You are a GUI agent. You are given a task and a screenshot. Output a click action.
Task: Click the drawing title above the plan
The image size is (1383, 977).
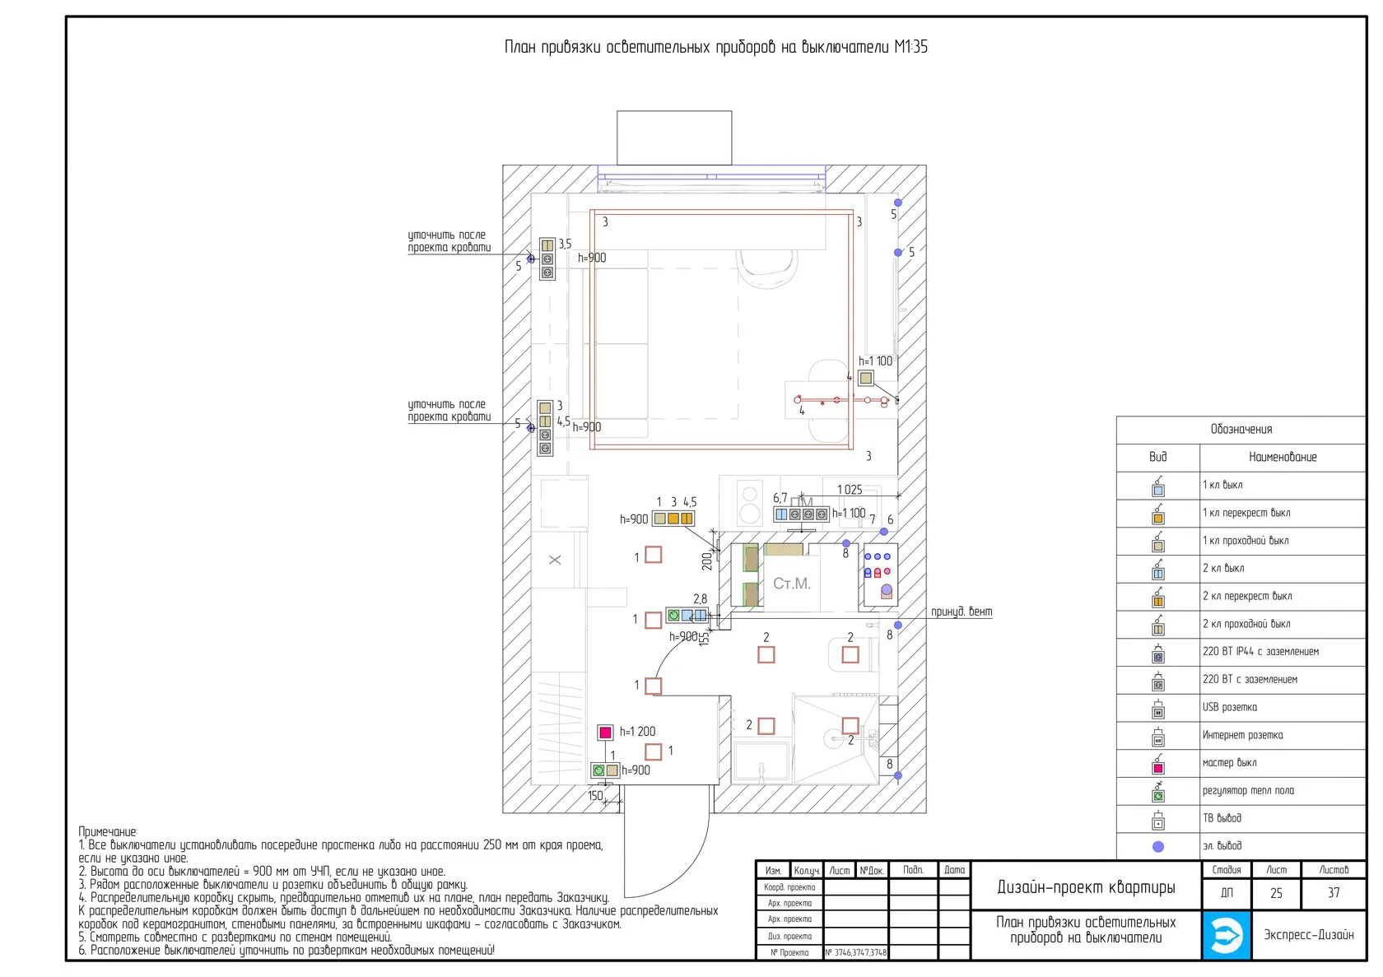pyautogui.click(x=715, y=47)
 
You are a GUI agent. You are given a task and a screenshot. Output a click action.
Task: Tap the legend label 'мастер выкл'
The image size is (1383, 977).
pyautogui.click(x=1229, y=763)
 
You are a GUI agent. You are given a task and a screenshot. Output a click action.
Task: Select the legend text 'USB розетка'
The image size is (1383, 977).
pyautogui.click(x=1229, y=707)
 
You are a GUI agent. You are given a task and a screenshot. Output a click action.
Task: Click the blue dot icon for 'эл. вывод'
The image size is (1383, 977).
pyautogui.click(x=1158, y=846)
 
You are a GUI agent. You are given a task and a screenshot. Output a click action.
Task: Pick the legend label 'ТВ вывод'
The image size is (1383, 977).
pyautogui.click(x=1222, y=818)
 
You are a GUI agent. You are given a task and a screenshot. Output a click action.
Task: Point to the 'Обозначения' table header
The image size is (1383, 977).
pyautogui.click(x=1241, y=429)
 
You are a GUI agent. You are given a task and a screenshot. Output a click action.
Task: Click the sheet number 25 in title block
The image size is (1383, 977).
pyautogui.click(x=1276, y=893)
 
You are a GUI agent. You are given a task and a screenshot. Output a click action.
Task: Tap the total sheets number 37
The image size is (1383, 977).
pyautogui.click(x=1334, y=893)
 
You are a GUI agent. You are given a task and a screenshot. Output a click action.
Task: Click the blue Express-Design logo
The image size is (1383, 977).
pyautogui.click(x=1227, y=935)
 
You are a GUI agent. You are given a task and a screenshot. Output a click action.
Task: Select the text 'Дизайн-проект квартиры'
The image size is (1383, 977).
pyautogui.click(x=1086, y=887)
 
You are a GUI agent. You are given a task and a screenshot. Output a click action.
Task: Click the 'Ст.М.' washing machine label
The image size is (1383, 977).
pyautogui.click(x=792, y=584)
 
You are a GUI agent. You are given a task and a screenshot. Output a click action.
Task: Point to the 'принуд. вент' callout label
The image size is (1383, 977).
pyautogui.click(x=962, y=612)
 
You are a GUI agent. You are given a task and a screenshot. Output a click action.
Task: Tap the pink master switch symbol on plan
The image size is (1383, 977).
pyautogui.click(x=605, y=732)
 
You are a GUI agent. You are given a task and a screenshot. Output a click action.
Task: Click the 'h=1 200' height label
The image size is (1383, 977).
pyautogui.click(x=637, y=732)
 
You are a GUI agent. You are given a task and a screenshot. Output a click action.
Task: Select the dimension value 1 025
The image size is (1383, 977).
pyautogui.click(x=850, y=490)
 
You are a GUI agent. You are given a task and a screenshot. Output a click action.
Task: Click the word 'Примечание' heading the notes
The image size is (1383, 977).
pyautogui.click(x=108, y=832)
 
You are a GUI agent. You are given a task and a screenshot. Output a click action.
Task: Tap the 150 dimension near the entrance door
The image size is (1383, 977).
pyautogui.click(x=595, y=796)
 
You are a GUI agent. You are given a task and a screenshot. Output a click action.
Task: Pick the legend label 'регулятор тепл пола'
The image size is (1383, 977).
pyautogui.click(x=1248, y=791)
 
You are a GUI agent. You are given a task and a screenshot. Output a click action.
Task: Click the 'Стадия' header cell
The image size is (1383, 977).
pyautogui.click(x=1226, y=870)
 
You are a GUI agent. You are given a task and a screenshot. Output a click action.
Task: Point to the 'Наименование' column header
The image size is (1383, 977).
pyautogui.click(x=1282, y=457)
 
